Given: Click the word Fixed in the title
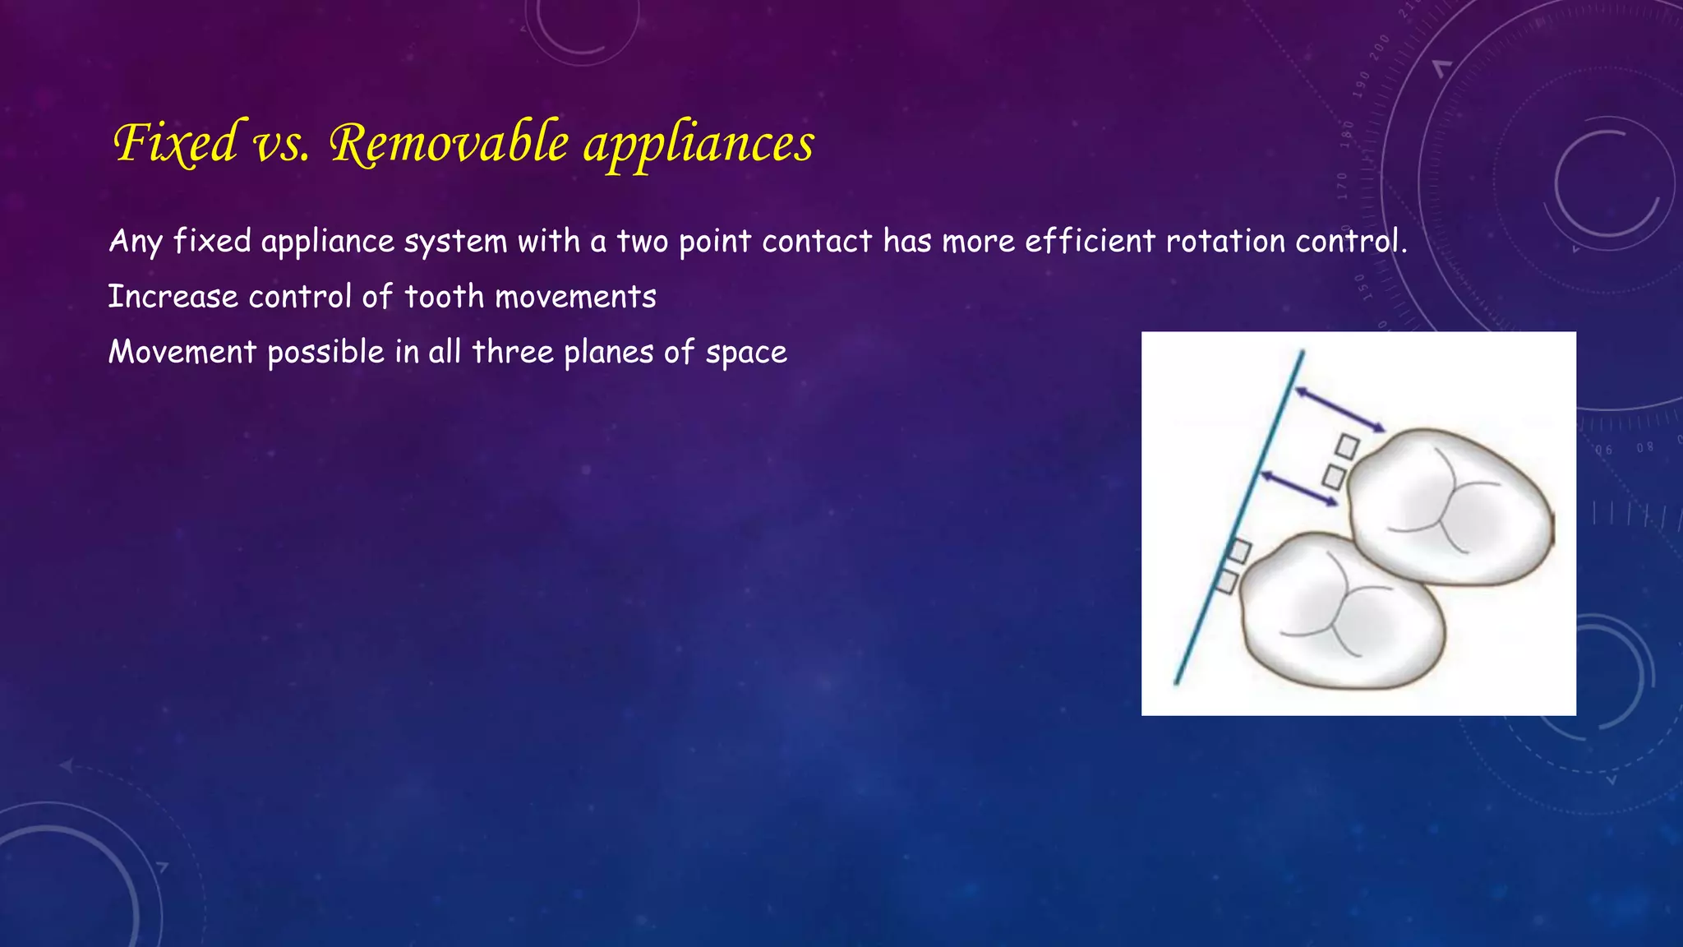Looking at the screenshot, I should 176,143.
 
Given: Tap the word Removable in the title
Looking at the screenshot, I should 449,143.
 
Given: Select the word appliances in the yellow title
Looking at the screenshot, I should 699,145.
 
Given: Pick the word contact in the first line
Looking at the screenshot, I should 817,241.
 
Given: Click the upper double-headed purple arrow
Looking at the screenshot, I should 1340,409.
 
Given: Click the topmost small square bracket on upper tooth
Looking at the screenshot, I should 1347,446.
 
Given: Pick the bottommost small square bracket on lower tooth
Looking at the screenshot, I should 1226,581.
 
